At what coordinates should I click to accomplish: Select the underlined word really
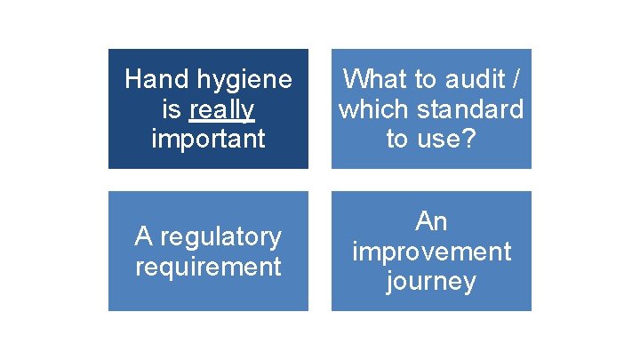(x=221, y=109)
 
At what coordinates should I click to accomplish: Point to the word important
(x=208, y=139)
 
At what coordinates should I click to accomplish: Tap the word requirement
(x=208, y=266)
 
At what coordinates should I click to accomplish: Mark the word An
(x=431, y=221)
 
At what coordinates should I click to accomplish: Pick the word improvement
(x=431, y=252)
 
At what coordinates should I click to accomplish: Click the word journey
(x=431, y=282)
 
